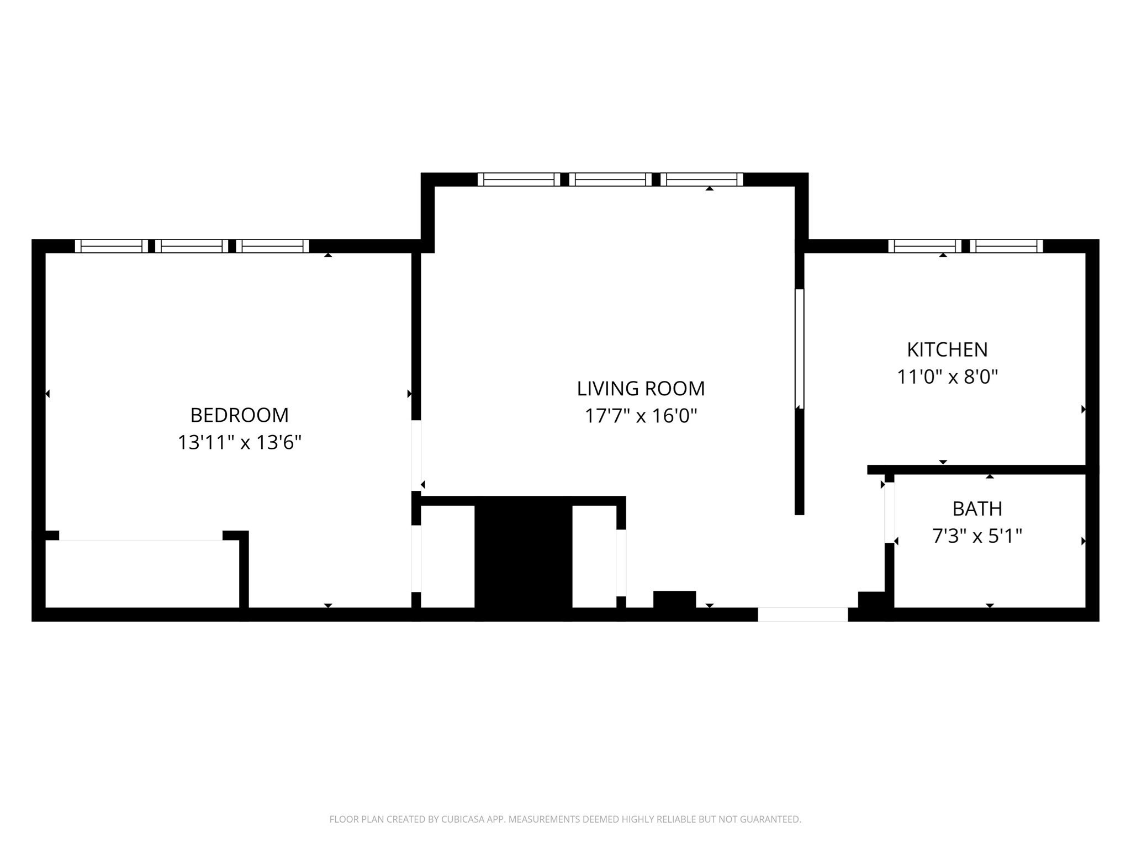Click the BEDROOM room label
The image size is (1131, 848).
tap(239, 415)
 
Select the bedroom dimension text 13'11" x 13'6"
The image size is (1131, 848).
tap(239, 442)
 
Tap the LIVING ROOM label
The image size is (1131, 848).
tap(641, 389)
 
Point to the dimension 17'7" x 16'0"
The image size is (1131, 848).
tap(641, 416)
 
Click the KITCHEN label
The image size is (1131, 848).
tap(947, 349)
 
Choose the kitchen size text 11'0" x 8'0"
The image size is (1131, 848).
tap(947, 377)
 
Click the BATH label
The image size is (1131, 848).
tap(977, 508)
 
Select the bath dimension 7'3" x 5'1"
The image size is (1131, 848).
tap(977, 536)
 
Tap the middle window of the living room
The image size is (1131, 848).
tap(610, 179)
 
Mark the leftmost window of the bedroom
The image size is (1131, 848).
tap(112, 246)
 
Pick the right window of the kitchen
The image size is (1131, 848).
tap(1006, 246)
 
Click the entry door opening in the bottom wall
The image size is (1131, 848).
tap(802, 614)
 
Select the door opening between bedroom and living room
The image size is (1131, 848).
tap(416, 455)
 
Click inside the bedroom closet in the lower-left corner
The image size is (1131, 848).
tap(141, 574)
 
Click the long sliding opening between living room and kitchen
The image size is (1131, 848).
tap(799, 348)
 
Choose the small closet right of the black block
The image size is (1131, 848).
tap(594, 556)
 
